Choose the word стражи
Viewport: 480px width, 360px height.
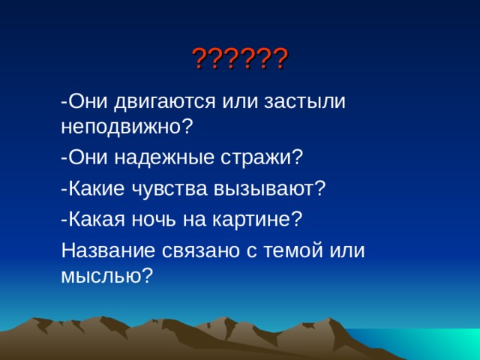coord(262,157)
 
